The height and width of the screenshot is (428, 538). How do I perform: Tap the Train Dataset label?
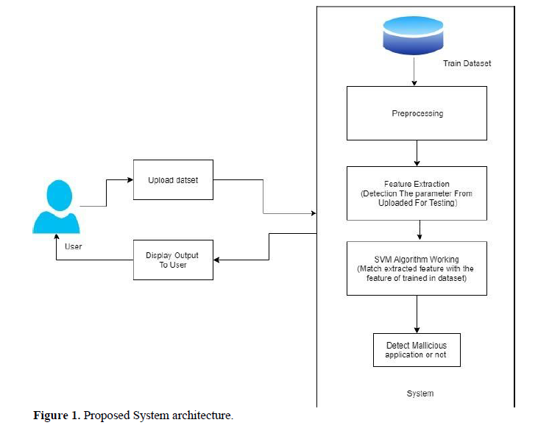(467, 64)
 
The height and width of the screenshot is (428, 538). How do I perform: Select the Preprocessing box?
(416, 113)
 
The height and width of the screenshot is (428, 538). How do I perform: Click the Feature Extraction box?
(416, 193)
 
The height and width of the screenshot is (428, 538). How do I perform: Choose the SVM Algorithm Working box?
(416, 268)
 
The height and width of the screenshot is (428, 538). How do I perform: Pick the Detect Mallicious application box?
(416, 349)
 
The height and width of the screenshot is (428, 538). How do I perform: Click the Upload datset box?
(173, 179)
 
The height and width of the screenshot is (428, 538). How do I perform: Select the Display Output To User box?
(173, 260)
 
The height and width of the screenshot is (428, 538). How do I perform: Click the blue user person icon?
(56, 207)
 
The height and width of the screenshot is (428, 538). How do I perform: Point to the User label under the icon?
(74, 246)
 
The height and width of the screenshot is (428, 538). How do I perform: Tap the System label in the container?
(420, 393)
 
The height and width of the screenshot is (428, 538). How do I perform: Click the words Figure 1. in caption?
(57, 416)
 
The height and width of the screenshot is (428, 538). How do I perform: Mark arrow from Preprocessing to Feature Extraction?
(417, 154)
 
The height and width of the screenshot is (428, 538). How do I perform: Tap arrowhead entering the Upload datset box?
(129, 179)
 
